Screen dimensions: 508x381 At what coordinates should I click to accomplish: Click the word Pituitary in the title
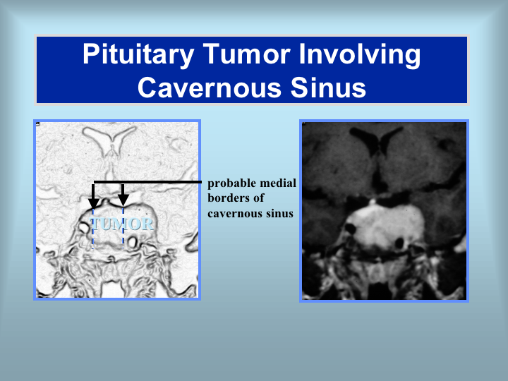138,54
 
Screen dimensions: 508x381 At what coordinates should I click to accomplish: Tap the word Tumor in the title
246,54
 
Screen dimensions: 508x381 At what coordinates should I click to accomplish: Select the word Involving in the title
360,54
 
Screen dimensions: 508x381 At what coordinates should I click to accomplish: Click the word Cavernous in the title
210,87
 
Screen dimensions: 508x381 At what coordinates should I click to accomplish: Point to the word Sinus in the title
328,87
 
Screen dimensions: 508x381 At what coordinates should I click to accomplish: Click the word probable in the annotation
231,183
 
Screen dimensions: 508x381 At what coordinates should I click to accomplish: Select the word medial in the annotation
278,183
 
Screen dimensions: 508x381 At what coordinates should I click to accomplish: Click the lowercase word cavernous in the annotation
235,214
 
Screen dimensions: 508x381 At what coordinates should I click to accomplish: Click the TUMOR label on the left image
121,224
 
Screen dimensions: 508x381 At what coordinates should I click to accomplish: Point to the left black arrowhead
94,204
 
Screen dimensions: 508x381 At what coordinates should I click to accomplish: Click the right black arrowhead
123,200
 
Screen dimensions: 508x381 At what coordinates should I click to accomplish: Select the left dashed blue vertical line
93,229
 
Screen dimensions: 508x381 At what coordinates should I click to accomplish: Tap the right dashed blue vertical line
123,227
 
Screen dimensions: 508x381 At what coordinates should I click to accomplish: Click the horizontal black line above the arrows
147,182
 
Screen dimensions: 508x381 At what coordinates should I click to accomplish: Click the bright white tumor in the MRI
385,227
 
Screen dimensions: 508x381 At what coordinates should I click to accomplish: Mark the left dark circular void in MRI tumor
350,229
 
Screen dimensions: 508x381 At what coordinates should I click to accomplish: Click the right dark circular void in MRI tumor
399,243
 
